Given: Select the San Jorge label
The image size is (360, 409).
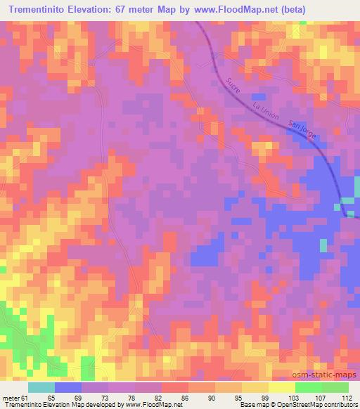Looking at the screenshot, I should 303,129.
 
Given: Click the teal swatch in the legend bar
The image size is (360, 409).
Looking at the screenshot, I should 41,387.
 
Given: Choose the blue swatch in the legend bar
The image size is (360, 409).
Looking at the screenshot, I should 68,387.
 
